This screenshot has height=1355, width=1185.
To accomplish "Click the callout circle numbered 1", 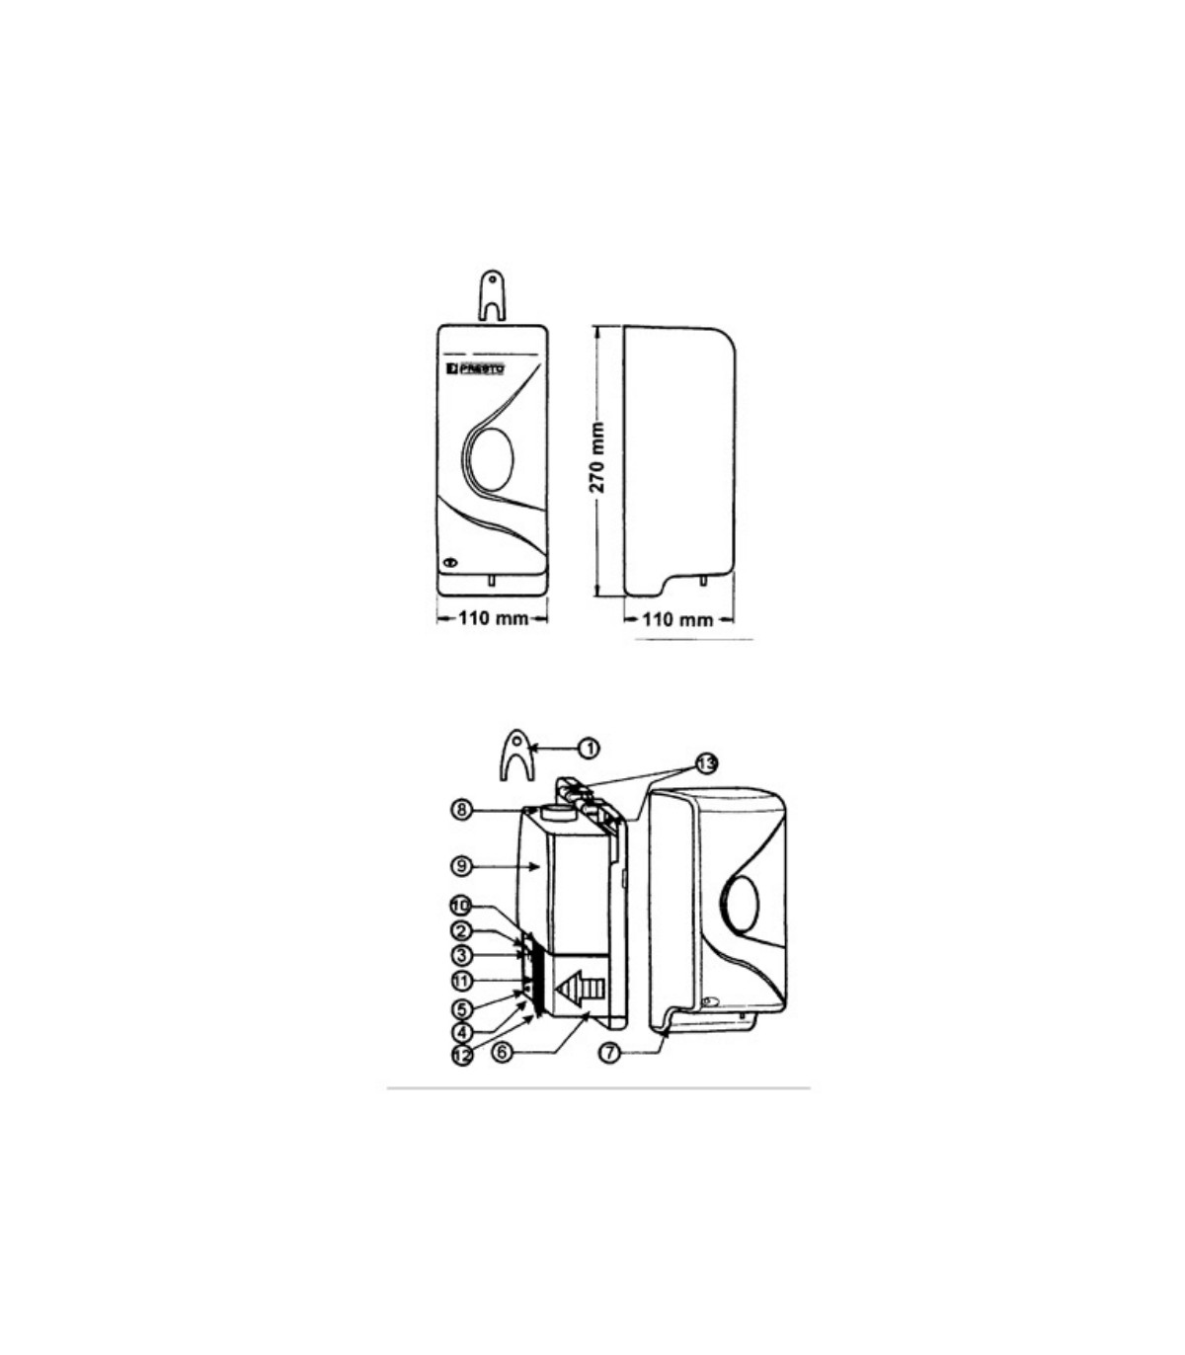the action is [589, 749].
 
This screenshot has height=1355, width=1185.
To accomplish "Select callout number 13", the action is [707, 763].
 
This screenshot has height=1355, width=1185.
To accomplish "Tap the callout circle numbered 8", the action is [461, 809].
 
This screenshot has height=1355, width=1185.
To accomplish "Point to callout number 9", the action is [461, 865].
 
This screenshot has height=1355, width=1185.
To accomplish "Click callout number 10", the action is [461, 906].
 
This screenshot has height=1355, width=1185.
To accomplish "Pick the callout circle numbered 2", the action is [461, 930].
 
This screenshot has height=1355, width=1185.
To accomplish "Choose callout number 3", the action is [461, 955].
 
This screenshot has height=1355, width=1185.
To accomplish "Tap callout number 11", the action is [461, 980].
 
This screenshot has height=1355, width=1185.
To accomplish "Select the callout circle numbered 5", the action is [461, 1009].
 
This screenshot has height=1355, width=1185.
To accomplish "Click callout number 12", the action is [462, 1055].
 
